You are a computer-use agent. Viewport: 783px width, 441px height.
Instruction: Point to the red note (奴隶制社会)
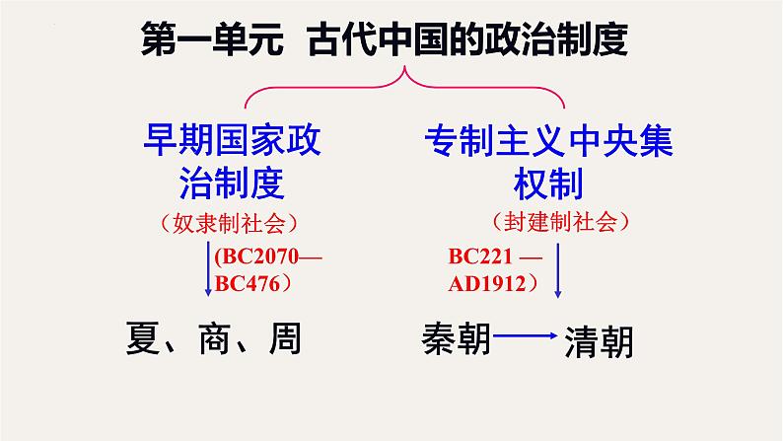point(234,223)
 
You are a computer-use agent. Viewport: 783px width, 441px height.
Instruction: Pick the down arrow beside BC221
point(559,270)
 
